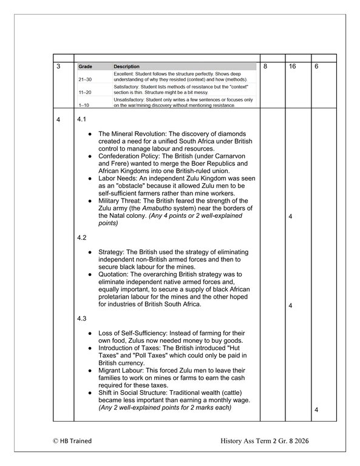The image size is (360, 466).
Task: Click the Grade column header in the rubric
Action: pos(84,67)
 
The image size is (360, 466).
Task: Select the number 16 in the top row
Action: pos(293,66)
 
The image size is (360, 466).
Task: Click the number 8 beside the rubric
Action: pos(267,66)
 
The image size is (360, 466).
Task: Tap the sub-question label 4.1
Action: pos(83,119)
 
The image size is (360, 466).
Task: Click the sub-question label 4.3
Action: pos(83,319)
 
